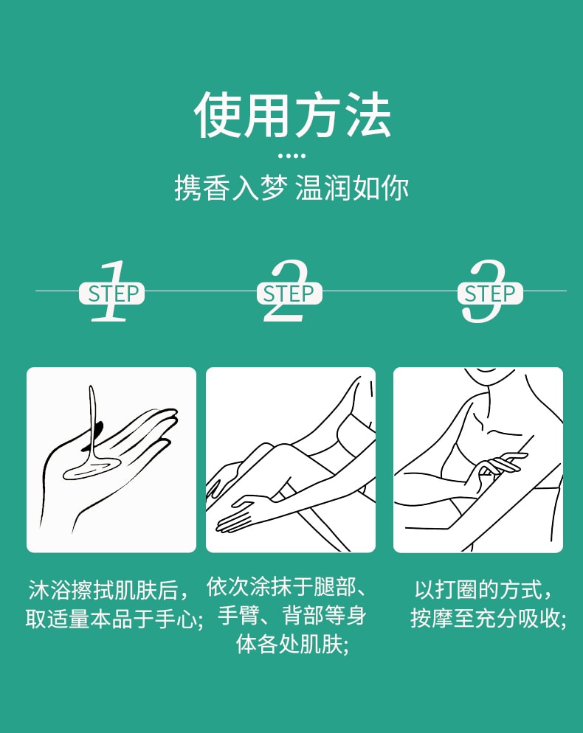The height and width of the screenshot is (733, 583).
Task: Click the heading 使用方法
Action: pyautogui.click(x=291, y=117)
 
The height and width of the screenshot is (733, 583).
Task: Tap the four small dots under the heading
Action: pyautogui.click(x=291, y=156)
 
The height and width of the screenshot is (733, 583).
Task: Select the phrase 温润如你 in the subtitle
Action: pyautogui.click(x=351, y=188)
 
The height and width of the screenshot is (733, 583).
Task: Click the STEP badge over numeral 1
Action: pyautogui.click(x=112, y=293)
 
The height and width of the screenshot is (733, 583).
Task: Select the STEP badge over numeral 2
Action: pyautogui.click(x=289, y=293)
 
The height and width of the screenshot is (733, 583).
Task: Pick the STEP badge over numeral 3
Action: pyautogui.click(x=490, y=293)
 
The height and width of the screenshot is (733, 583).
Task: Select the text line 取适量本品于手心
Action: pyautogui.click(x=114, y=618)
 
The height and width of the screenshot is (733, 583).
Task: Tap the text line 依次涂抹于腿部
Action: pyautogui.click(x=286, y=588)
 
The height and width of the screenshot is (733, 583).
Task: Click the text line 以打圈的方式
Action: pyautogui.click(x=483, y=590)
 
